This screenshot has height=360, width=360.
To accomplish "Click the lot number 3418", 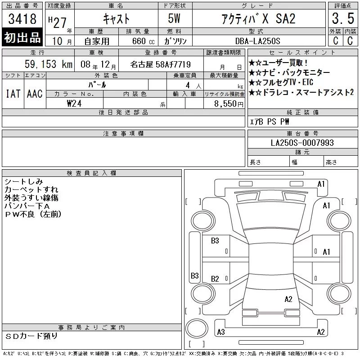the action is click(22, 18).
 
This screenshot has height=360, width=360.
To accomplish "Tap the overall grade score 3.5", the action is click(343, 18).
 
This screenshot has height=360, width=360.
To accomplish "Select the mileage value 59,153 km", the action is click(49, 64).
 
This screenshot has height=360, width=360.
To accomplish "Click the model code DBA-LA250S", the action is click(257, 41).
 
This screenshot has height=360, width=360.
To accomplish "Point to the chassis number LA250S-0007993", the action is click(302, 143).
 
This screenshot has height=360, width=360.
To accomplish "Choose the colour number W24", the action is click(74, 103).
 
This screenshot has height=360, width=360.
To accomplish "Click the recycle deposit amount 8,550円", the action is click(229, 104).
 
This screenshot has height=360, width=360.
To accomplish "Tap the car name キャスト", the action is click(116, 18).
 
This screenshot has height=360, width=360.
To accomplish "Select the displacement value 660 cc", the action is click(143, 41).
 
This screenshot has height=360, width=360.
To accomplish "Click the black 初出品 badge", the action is click(22, 37).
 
